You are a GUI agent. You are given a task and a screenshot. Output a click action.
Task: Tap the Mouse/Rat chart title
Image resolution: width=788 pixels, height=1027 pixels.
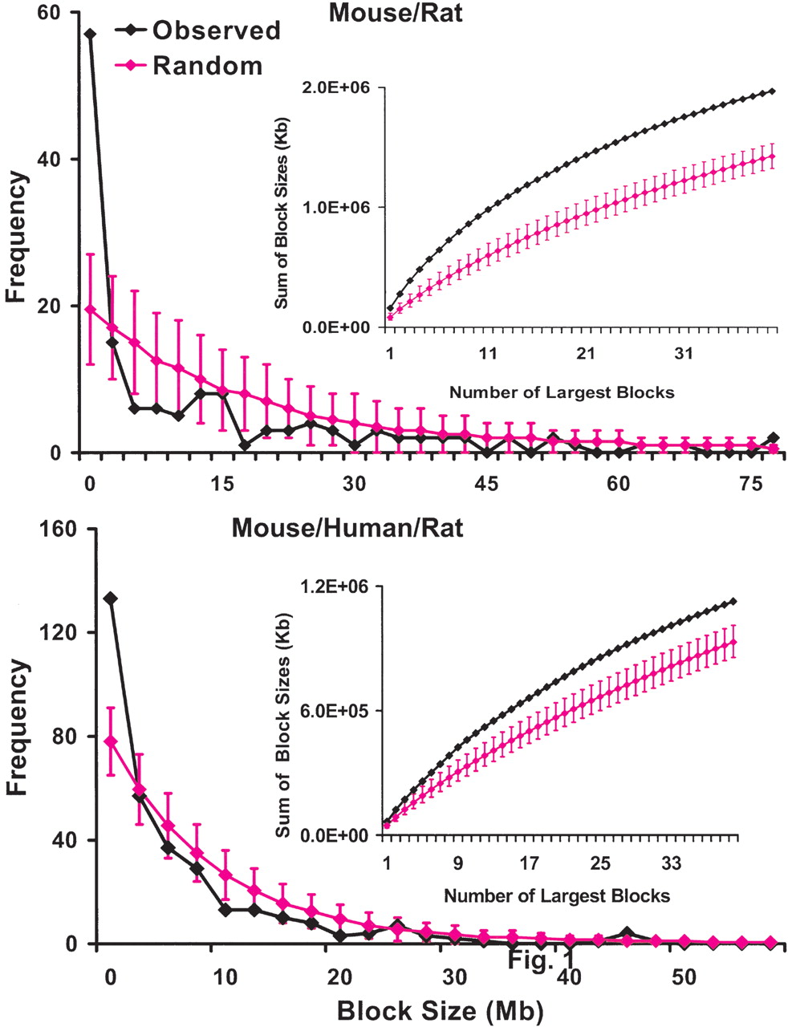click(x=396, y=14)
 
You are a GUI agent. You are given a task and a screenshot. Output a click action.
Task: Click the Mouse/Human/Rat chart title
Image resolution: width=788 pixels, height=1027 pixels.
click(x=347, y=530)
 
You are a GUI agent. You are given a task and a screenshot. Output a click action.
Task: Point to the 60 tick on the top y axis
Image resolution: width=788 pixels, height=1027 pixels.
click(x=59, y=14)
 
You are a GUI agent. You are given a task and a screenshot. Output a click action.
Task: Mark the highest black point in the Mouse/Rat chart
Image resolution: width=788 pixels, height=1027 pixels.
click(x=90, y=35)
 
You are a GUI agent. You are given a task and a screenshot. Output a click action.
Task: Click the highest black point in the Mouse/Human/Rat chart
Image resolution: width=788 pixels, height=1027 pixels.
click(x=110, y=599)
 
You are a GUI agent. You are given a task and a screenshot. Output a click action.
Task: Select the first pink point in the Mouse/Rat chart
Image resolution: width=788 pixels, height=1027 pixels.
click(x=90, y=309)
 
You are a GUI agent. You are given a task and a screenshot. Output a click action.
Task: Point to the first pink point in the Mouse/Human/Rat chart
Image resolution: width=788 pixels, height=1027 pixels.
click(x=110, y=741)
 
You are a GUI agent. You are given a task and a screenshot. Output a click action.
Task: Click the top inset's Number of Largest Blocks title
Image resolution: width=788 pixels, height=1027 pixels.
click(x=561, y=392)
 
